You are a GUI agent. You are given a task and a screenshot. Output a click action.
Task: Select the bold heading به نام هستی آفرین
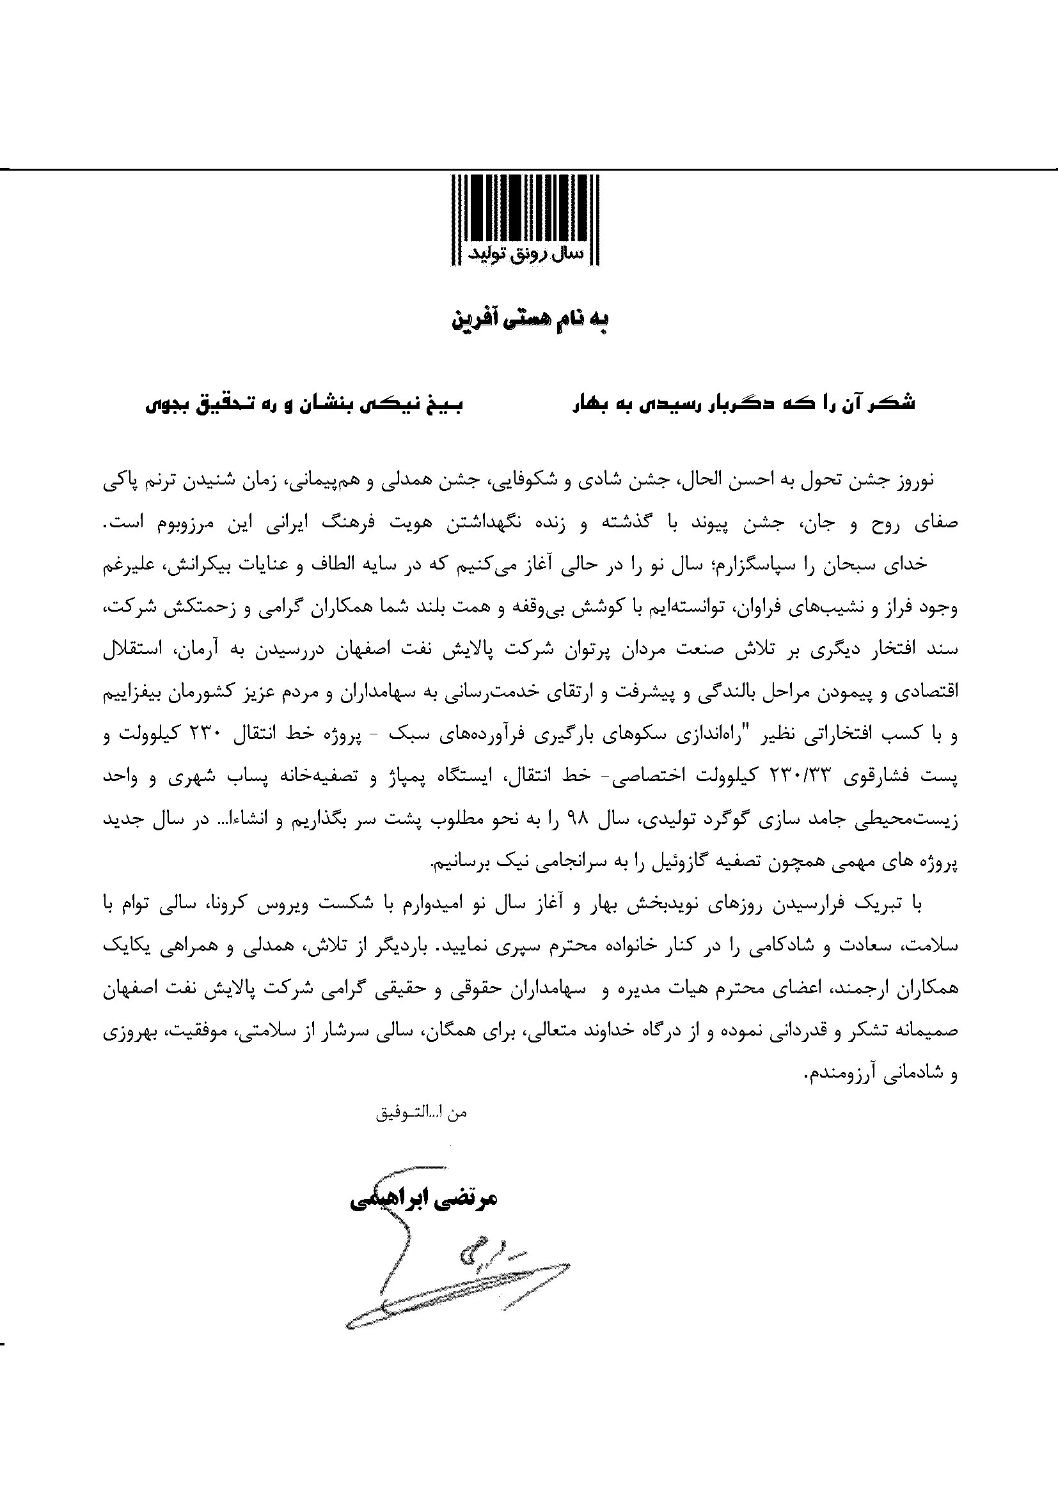coord(529,320)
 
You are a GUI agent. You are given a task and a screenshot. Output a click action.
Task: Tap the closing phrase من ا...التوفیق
coord(422,1113)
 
